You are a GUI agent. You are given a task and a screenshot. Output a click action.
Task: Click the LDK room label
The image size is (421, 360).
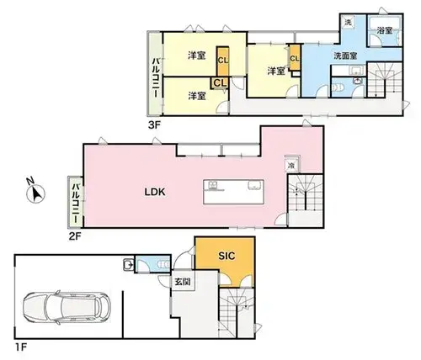(155, 192)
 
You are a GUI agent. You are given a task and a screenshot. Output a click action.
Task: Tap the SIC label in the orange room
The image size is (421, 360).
(226, 256)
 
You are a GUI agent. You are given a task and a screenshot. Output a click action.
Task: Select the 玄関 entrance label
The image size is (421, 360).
(183, 281)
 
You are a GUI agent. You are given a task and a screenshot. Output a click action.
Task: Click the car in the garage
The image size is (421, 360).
(67, 308)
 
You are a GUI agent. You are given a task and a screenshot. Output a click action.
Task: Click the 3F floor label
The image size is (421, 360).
(154, 125)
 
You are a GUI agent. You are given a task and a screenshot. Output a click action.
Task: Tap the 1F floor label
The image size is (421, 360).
(20, 347)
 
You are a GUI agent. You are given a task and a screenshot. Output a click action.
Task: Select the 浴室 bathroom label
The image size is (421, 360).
(385, 30)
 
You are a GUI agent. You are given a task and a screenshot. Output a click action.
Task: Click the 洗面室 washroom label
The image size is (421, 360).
(345, 56)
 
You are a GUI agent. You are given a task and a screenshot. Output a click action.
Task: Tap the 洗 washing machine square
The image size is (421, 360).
(348, 23)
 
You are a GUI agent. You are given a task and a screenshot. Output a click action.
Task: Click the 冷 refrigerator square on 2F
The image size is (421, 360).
(292, 166)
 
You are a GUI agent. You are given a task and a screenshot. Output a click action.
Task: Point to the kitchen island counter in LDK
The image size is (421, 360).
(233, 192)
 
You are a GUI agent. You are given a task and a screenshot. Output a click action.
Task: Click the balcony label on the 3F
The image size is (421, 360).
(155, 77)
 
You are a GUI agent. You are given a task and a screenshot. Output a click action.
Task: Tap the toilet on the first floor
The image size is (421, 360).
(164, 264)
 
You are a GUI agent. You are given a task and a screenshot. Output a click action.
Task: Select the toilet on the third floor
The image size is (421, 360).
(338, 87)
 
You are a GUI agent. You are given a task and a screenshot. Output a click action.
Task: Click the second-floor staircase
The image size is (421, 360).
(306, 200)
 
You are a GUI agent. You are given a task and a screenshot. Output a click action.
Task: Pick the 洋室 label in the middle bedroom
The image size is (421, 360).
(276, 71)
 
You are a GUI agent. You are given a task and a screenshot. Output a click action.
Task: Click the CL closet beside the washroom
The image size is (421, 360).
(295, 58)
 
